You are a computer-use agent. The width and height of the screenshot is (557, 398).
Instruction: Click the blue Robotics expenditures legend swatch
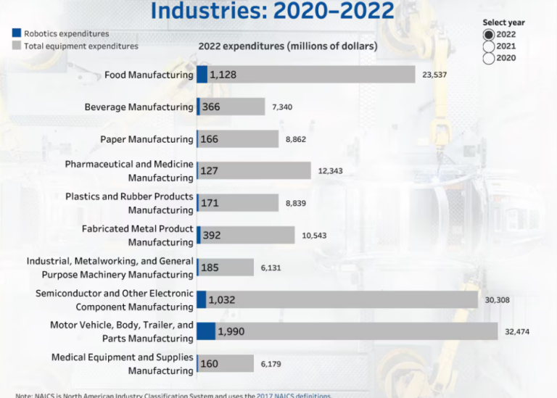[17, 33]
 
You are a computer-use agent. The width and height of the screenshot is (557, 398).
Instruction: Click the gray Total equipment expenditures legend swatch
[17, 46]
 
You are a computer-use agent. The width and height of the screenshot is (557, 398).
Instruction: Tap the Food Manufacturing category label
[149, 75]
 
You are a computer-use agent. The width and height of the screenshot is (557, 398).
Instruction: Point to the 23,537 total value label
[435, 75]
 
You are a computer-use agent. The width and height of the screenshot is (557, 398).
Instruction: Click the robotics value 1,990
[233, 332]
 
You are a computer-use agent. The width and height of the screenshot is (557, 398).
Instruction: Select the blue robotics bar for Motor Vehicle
[206, 331]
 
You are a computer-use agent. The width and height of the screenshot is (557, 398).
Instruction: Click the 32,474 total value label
[518, 332]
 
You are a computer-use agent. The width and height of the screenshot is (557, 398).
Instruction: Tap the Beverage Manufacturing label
[139, 107]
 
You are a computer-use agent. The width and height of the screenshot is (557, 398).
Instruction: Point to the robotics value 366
[211, 107]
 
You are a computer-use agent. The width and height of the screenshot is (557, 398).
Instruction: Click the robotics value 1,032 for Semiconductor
[221, 299]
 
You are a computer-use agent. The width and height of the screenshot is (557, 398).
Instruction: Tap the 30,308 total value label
[498, 299]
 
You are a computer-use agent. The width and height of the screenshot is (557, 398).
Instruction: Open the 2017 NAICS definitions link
[293, 395]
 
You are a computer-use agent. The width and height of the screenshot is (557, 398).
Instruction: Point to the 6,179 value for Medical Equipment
[271, 364]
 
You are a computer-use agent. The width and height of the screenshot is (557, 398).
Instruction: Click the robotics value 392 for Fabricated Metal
[212, 236]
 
